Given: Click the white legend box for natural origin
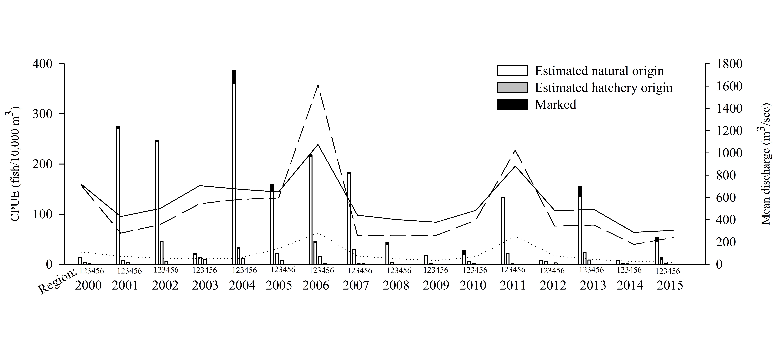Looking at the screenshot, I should pyautogui.click(x=512, y=71).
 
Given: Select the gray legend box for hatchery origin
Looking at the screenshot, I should pyautogui.click(x=512, y=87).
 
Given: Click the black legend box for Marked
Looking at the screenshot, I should pyautogui.click(x=512, y=104).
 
